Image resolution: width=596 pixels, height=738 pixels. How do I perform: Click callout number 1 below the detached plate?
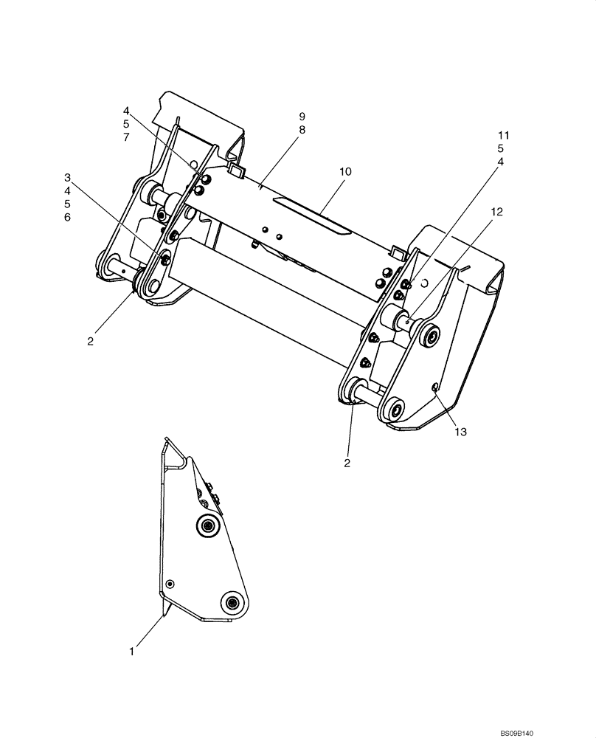click(132, 652)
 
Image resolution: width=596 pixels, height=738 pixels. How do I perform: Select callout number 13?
click(460, 432)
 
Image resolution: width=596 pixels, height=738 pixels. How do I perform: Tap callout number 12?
click(496, 212)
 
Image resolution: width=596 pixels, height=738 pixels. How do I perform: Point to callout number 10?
click(345, 171)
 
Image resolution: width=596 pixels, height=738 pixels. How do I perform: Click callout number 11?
click(504, 135)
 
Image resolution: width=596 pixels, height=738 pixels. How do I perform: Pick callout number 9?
click(302, 117)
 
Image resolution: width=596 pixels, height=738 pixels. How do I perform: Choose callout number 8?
click(302, 130)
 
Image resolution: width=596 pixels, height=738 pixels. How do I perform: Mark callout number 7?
click(126, 138)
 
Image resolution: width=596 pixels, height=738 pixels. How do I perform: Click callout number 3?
click(67, 177)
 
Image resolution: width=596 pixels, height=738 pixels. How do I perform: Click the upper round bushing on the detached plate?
click(207, 525)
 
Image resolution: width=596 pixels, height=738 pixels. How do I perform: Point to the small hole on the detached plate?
click(170, 583)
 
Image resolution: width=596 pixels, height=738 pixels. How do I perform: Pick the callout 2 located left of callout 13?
click(347, 463)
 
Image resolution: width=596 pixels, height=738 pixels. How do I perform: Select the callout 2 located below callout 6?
click(90, 342)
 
